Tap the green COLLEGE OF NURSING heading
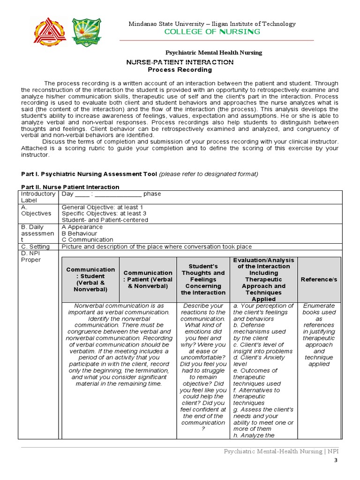click(211, 32)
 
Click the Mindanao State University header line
click(212, 24)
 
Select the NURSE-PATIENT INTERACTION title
click(180, 62)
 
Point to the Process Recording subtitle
click(180, 70)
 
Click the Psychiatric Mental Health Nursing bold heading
click(214, 52)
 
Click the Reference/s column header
click(319, 279)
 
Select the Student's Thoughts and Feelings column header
click(203, 279)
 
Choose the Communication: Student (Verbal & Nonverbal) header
click(90, 279)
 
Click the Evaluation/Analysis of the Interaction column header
click(263, 279)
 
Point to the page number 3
click(335, 461)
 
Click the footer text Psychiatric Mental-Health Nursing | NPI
click(280, 451)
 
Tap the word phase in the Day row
click(152, 194)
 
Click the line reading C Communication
click(87, 240)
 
